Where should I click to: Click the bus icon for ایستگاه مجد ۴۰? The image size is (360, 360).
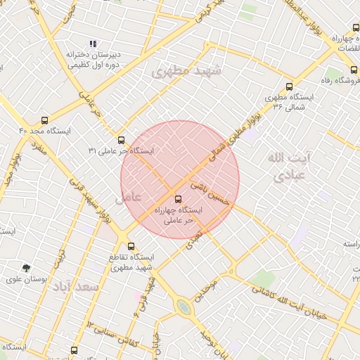pyautogui.click(x=46, y=120)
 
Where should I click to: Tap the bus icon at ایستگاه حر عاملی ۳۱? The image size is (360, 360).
pyautogui.click(x=122, y=140)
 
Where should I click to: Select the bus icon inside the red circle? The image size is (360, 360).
pyautogui.click(x=176, y=199)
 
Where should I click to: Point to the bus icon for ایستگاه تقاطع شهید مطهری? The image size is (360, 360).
pyautogui.click(x=131, y=247)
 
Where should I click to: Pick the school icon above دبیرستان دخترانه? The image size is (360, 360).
pyautogui.click(x=94, y=44)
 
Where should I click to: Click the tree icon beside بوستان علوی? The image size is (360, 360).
pyautogui.click(x=26, y=268)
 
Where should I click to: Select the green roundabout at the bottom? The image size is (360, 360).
pyautogui.click(x=184, y=306)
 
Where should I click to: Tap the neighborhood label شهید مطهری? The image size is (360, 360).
pyautogui.click(x=186, y=71)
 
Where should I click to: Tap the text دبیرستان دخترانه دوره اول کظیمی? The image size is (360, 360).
pyautogui.click(x=94, y=59)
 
